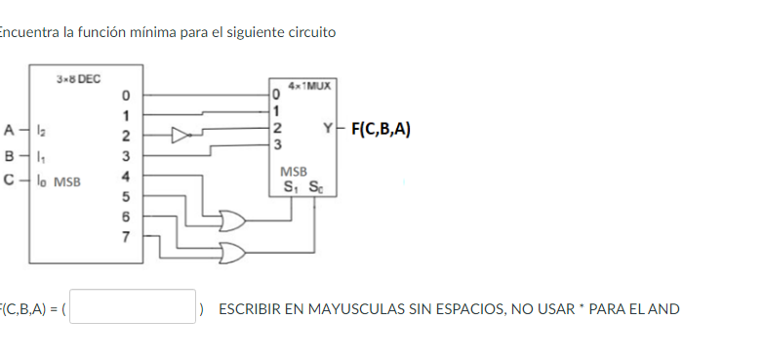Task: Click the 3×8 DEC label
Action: (78, 77)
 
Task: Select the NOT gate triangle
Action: (181, 134)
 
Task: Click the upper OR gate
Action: (234, 219)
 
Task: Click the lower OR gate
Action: (235, 255)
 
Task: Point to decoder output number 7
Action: (125, 237)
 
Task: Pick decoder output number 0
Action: (125, 96)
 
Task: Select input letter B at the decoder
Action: (9, 154)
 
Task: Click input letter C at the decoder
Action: (9, 180)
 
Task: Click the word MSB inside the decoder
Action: (67, 180)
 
